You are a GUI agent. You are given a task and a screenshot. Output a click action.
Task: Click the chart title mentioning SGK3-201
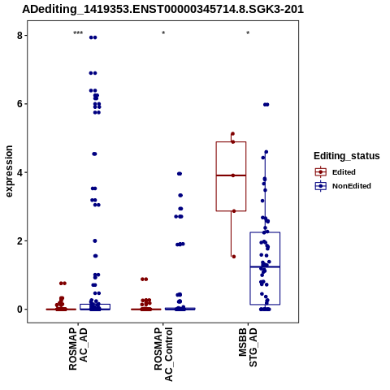162,9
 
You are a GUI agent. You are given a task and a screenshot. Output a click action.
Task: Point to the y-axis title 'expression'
9,171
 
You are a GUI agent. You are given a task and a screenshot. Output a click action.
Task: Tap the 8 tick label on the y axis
19,36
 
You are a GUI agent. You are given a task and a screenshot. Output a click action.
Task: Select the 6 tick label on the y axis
19,104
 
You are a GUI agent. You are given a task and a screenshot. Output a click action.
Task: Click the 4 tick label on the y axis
19,172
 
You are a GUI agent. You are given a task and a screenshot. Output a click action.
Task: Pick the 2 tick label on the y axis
19,241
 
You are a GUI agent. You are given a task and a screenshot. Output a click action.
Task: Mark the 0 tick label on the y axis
19,310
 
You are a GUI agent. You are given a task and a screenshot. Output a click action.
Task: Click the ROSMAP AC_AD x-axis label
78,349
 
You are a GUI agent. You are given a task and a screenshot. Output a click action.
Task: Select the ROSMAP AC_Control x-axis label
163,354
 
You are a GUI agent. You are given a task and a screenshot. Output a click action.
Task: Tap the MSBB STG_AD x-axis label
248,348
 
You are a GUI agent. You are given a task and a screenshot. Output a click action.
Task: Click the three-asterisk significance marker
78,33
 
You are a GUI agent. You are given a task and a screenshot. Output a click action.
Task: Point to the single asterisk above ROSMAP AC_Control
163,33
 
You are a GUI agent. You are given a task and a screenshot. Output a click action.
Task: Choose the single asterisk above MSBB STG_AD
248,33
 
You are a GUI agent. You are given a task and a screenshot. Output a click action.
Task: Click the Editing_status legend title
347,156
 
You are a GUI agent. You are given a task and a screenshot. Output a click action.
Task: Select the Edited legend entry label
344,172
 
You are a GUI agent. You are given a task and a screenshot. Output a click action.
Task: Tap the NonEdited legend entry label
352,186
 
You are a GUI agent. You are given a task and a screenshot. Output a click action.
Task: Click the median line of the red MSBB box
231,175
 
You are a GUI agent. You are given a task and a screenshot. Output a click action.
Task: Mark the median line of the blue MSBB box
265,267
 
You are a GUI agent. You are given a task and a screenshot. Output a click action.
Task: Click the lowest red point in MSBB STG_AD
234,257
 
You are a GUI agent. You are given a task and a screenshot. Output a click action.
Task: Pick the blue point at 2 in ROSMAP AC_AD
95,240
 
